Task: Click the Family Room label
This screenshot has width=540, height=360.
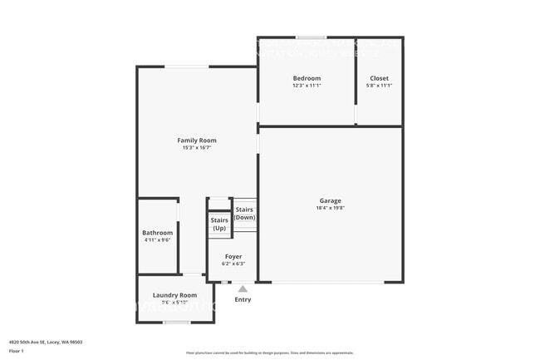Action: point(197,141)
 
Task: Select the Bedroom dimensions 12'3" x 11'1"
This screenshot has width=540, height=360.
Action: point(307,86)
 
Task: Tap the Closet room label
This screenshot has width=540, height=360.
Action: point(379,78)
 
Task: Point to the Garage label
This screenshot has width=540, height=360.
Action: point(330,200)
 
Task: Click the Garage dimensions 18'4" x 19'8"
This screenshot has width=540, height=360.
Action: point(330,208)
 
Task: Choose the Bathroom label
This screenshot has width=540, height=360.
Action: point(157,233)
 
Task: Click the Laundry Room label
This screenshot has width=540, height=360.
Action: point(174,295)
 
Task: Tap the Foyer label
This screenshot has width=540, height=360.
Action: point(233,257)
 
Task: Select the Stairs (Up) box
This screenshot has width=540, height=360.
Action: point(219,224)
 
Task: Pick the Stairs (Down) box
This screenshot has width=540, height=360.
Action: point(244,214)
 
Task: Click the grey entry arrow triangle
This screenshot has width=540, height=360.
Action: point(243,288)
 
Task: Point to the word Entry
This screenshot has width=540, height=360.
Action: point(243,299)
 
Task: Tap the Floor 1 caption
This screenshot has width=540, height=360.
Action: point(17,351)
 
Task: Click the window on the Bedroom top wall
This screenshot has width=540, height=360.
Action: point(312,37)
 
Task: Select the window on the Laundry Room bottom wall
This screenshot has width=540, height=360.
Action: point(177,322)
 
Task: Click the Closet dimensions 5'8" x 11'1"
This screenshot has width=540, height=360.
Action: point(379,86)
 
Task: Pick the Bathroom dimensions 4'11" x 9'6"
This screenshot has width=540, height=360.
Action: point(157,240)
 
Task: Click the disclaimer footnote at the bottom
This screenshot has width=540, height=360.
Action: point(269,353)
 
